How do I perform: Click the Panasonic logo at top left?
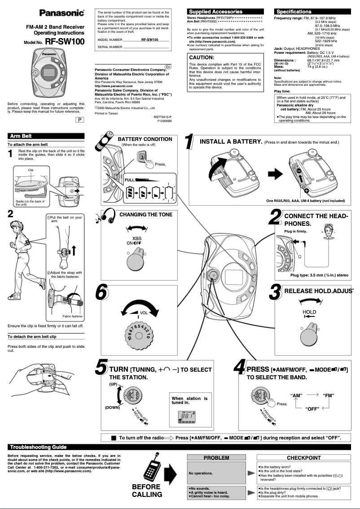(x=62, y=13)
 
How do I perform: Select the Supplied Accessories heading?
(x=215, y=12)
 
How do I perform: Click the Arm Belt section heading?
(x=21, y=136)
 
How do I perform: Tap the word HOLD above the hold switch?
(x=309, y=312)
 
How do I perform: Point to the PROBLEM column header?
(x=216, y=458)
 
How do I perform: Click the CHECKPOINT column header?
(x=303, y=458)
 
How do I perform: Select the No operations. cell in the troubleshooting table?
(x=201, y=473)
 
